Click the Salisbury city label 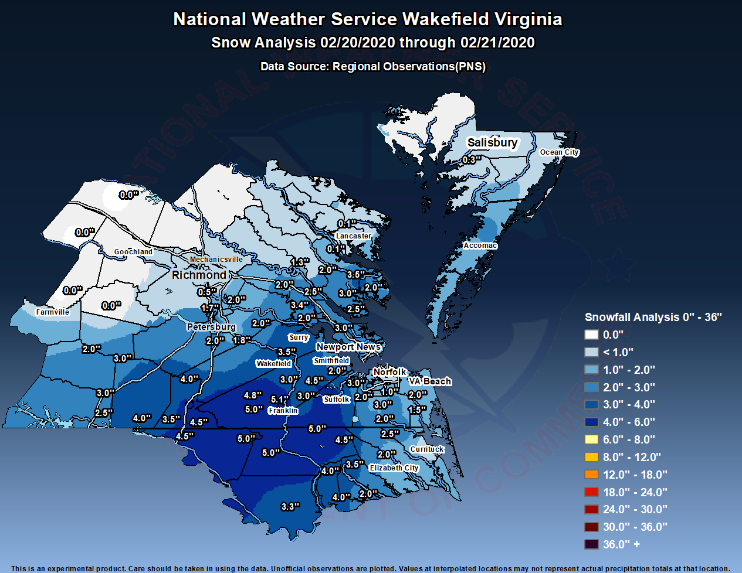[492, 142]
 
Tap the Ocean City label [559, 152]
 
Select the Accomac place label [480, 245]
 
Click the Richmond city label [199, 275]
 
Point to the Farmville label [52, 312]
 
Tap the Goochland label [133, 252]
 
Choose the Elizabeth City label [394, 468]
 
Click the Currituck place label [427, 449]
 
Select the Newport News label [348, 347]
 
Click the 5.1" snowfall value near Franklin [280, 400]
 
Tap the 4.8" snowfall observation [253, 395]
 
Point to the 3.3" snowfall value [290, 507]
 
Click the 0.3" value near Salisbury [471, 160]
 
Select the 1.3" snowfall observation [299, 262]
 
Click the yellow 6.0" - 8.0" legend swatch [591, 439]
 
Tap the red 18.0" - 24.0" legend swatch [591, 492]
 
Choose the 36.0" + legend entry [621, 544]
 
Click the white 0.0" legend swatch [591, 335]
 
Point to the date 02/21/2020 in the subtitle [497, 43]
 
